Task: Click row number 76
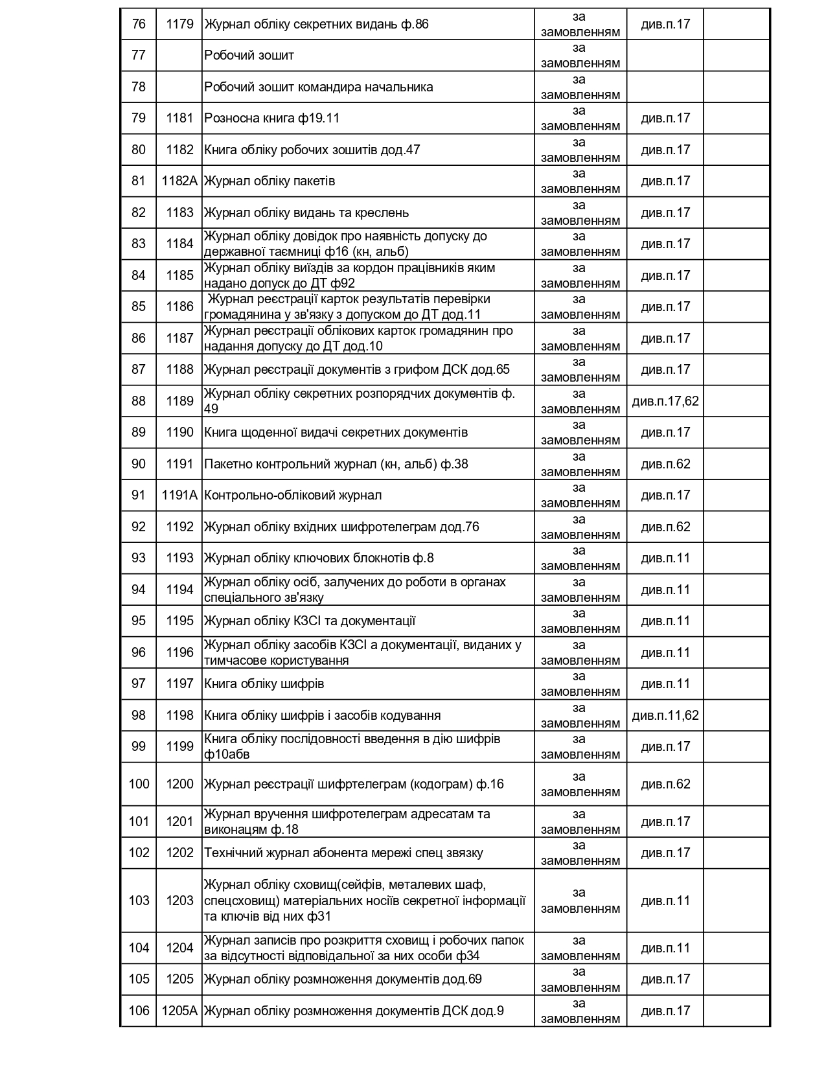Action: point(139,24)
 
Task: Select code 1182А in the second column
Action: point(179,181)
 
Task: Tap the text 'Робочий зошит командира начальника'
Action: point(319,87)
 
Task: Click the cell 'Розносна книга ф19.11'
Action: point(272,118)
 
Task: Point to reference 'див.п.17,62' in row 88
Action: point(665,401)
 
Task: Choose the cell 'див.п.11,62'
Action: point(665,715)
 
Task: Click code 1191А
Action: point(179,495)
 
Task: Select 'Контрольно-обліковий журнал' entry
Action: point(293,495)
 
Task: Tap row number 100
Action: point(139,784)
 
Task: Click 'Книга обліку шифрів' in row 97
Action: point(264,684)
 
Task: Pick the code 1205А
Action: point(179,1011)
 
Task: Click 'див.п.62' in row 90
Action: point(665,464)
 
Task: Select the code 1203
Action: point(179,901)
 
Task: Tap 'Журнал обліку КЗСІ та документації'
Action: point(310,621)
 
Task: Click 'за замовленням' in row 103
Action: point(580,901)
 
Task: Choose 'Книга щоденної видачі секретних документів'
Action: point(336,432)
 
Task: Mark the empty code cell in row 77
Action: point(179,55)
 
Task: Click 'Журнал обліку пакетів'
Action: point(270,181)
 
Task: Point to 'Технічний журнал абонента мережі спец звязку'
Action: point(343,853)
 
